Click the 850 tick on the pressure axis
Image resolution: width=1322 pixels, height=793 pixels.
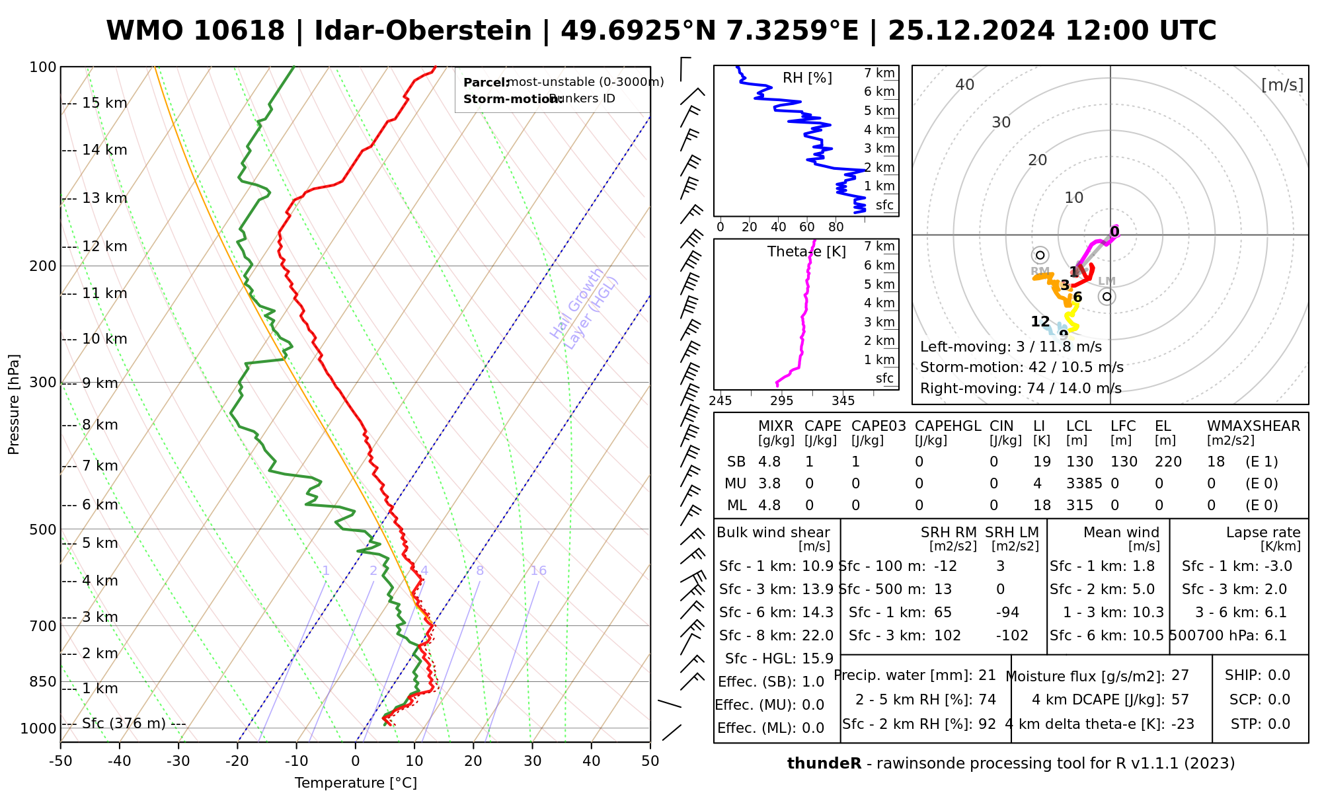(x=44, y=681)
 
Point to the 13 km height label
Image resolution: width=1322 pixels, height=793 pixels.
(x=104, y=198)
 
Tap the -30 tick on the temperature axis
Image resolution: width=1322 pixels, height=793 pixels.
(x=178, y=761)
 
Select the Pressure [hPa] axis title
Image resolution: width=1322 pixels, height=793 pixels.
(x=14, y=404)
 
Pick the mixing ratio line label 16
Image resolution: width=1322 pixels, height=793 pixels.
(x=538, y=571)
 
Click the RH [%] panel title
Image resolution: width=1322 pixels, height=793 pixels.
(x=807, y=78)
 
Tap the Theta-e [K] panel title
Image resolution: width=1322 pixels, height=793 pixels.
(x=806, y=252)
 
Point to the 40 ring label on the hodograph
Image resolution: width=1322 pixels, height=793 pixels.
(x=965, y=85)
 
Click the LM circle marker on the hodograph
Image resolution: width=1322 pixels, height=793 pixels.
(x=1107, y=297)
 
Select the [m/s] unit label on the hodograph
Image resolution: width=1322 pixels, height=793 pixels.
(x=1282, y=85)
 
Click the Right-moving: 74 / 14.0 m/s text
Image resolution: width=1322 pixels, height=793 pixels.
(x=1021, y=389)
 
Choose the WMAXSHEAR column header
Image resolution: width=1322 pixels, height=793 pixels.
(x=1253, y=426)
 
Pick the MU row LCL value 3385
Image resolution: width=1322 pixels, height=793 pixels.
(x=1084, y=484)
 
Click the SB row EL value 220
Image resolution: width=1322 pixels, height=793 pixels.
(x=1168, y=462)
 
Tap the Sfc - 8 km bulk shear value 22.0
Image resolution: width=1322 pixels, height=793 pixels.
(x=818, y=636)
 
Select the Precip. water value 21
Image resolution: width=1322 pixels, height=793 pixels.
(x=987, y=675)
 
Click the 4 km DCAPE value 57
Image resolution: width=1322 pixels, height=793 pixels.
(x=1180, y=700)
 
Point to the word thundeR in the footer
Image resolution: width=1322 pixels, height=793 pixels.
(x=824, y=764)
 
